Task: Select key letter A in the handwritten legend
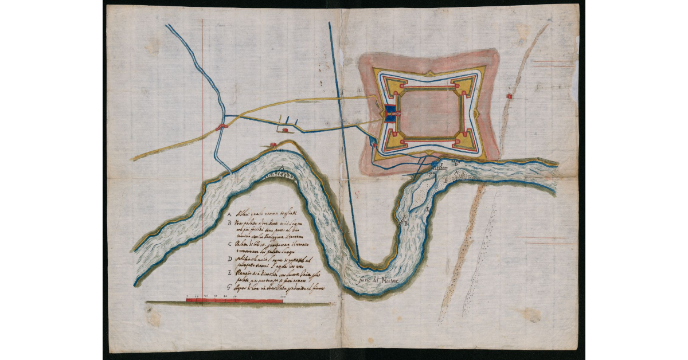click(x=230, y=212)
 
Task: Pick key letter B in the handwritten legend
click(x=230, y=222)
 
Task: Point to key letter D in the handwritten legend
click(x=230, y=259)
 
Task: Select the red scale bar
click(x=234, y=300)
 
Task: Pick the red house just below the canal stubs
click(x=286, y=130)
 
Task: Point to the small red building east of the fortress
click(x=509, y=97)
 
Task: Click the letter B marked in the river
click(x=406, y=224)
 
